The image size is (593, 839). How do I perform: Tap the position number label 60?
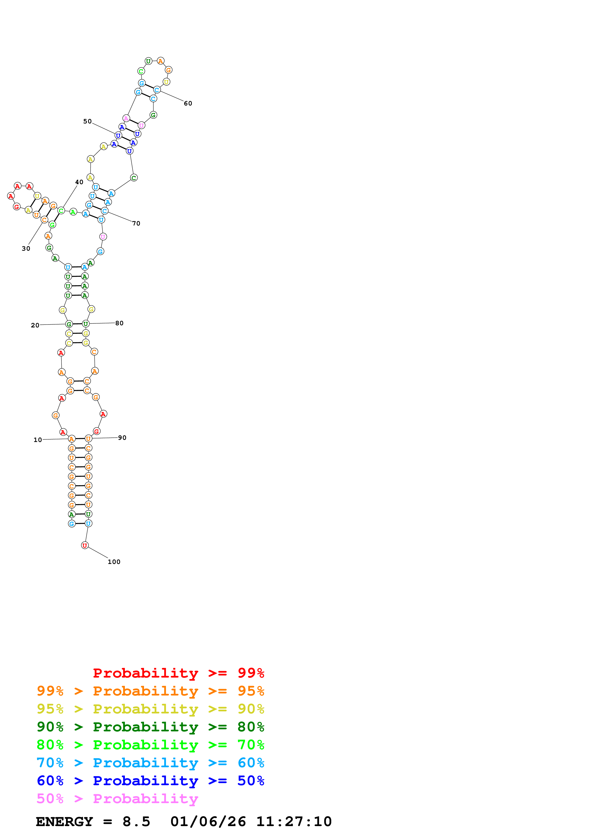[x=188, y=103]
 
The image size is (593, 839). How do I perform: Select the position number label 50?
[x=87, y=121]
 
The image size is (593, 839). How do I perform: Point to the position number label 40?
[x=79, y=182]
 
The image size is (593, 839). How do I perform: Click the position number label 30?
[x=26, y=248]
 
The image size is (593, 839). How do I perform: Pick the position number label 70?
[x=136, y=223]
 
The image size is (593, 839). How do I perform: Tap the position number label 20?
[x=35, y=325]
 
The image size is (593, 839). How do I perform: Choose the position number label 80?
[x=119, y=323]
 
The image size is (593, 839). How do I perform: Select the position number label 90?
[x=122, y=437]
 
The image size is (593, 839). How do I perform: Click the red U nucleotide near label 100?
[x=85, y=545]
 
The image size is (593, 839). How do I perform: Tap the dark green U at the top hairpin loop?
[x=148, y=61]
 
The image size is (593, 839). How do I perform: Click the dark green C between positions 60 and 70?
[x=134, y=178]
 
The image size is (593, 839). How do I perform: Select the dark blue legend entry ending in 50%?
[x=150, y=781]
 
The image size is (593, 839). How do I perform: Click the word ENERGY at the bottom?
[x=64, y=822]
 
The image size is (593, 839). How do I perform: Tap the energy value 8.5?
[x=136, y=822]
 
